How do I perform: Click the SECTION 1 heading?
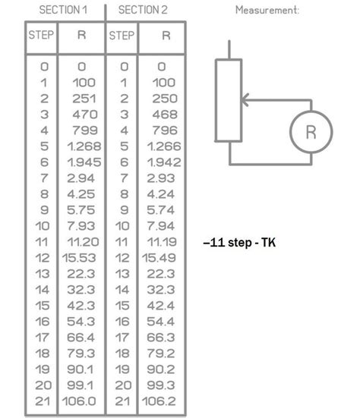pos(63,10)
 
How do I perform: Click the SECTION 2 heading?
pos(143,10)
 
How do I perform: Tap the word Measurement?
pos(267,10)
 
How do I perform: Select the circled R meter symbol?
pos(311,132)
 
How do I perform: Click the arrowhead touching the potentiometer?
pos(245,100)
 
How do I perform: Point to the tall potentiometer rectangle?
pos(229,100)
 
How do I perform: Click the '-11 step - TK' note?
pos(239,243)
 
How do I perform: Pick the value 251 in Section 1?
pos(84,99)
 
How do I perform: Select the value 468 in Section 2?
pos(165,115)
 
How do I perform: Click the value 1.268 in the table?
pos(84,146)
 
